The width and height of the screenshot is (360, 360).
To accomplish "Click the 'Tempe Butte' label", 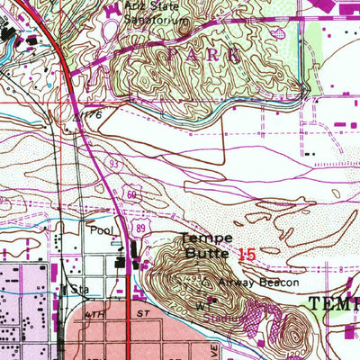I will click(207, 246).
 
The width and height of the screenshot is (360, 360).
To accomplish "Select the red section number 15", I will click(247, 256).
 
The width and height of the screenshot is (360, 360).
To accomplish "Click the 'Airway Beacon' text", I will click(247, 282).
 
